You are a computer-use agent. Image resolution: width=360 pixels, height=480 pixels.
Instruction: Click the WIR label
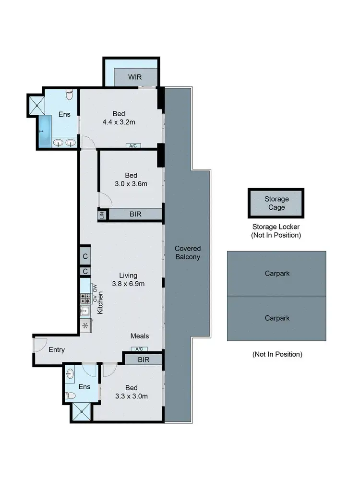coord(135,77)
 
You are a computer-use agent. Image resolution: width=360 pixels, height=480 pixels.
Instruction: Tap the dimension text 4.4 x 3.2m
coord(119,122)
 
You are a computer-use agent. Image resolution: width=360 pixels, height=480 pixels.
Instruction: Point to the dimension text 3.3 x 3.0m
coord(131,396)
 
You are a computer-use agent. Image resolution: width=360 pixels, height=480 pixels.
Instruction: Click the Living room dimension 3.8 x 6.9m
coord(128,284)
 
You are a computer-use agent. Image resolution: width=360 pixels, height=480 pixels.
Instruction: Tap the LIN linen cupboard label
coord(102,215)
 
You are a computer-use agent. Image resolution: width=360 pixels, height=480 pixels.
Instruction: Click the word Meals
coord(140,336)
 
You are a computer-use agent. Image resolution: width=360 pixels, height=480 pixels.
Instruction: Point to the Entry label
coord(57,350)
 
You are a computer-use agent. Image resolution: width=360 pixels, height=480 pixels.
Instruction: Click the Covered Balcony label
coord(187,252)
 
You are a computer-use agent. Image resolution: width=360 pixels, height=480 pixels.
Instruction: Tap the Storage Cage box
coord(276,203)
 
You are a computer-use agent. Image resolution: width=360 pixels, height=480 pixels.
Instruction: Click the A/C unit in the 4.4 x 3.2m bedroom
coord(133,145)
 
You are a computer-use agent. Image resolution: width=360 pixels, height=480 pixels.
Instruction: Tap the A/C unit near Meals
coord(139,349)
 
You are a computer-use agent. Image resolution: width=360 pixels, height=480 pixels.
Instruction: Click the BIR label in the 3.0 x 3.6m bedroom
coord(135,215)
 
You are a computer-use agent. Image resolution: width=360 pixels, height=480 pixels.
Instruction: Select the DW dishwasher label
coord(95,288)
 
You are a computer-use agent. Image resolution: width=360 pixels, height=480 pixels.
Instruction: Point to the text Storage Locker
coord(276,227)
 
